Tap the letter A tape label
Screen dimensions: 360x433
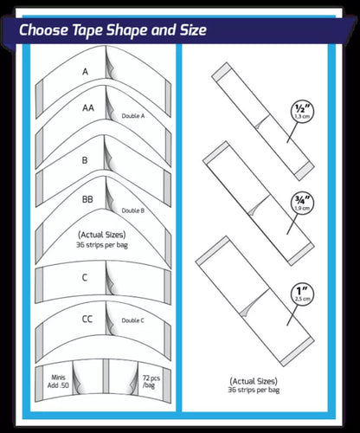tap(85, 71)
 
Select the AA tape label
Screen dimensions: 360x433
tap(88, 107)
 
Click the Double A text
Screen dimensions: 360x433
tap(133, 116)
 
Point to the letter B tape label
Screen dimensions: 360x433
tap(85, 160)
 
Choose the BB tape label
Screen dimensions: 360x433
tap(87, 199)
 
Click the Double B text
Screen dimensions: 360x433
tap(133, 210)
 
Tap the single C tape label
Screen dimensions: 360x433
tap(85, 278)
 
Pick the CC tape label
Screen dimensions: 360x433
tap(87, 319)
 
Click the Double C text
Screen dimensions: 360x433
tap(132, 320)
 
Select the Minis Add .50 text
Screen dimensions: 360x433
tap(58, 381)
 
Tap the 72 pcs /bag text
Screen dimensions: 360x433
tap(151, 381)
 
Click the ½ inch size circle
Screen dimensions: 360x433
tap(302, 112)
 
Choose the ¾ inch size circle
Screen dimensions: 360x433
tap(302, 204)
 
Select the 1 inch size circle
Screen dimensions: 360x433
tap(302, 294)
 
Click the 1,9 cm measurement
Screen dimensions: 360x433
tap(302, 208)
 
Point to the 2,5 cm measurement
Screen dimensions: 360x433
tap(303, 299)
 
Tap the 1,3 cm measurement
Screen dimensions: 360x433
tap(302, 117)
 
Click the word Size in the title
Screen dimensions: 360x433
tap(193, 29)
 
